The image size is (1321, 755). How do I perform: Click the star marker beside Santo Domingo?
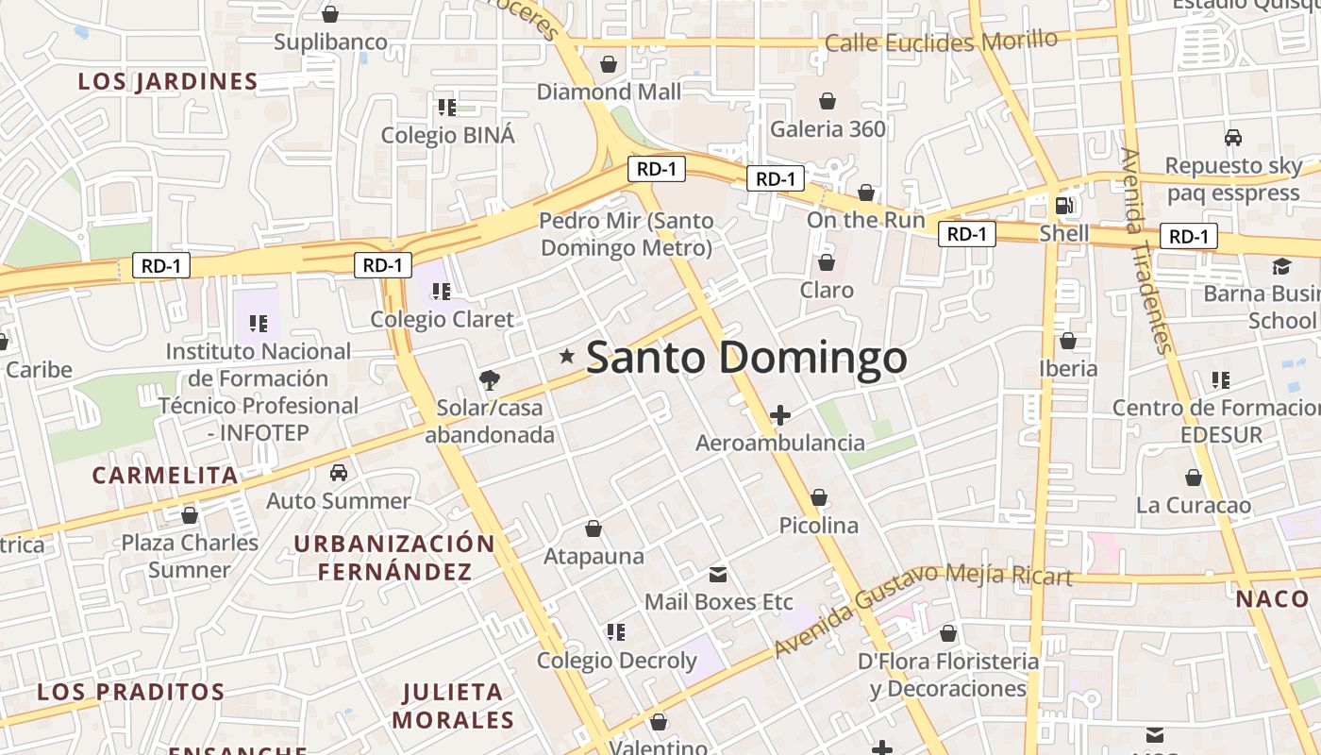(x=567, y=356)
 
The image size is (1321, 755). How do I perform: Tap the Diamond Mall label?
(x=609, y=92)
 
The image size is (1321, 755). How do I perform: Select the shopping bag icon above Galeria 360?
(x=828, y=101)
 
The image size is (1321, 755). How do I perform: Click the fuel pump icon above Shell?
(x=1063, y=205)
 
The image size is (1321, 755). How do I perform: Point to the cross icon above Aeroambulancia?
(x=780, y=414)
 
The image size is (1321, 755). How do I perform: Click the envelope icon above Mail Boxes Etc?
(x=718, y=574)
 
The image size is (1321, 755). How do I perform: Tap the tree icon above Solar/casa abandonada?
(x=489, y=380)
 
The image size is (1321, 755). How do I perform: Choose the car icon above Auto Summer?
(x=339, y=472)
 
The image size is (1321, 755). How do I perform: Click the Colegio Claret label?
(x=442, y=319)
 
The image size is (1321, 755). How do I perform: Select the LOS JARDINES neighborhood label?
(x=168, y=82)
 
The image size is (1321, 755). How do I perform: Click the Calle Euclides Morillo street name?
(x=941, y=42)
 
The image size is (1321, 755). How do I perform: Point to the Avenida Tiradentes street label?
(x=1147, y=250)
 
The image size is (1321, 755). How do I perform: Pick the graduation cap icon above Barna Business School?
(x=1281, y=266)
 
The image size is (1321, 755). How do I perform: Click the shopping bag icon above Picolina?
(x=819, y=497)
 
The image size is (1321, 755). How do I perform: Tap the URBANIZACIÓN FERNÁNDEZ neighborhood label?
(x=394, y=557)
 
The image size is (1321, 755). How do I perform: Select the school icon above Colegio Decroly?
(x=616, y=632)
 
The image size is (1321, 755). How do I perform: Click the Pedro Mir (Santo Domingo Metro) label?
(x=626, y=234)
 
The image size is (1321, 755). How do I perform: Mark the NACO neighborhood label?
(x=1272, y=598)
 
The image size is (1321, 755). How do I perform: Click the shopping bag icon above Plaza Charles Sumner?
(x=190, y=515)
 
